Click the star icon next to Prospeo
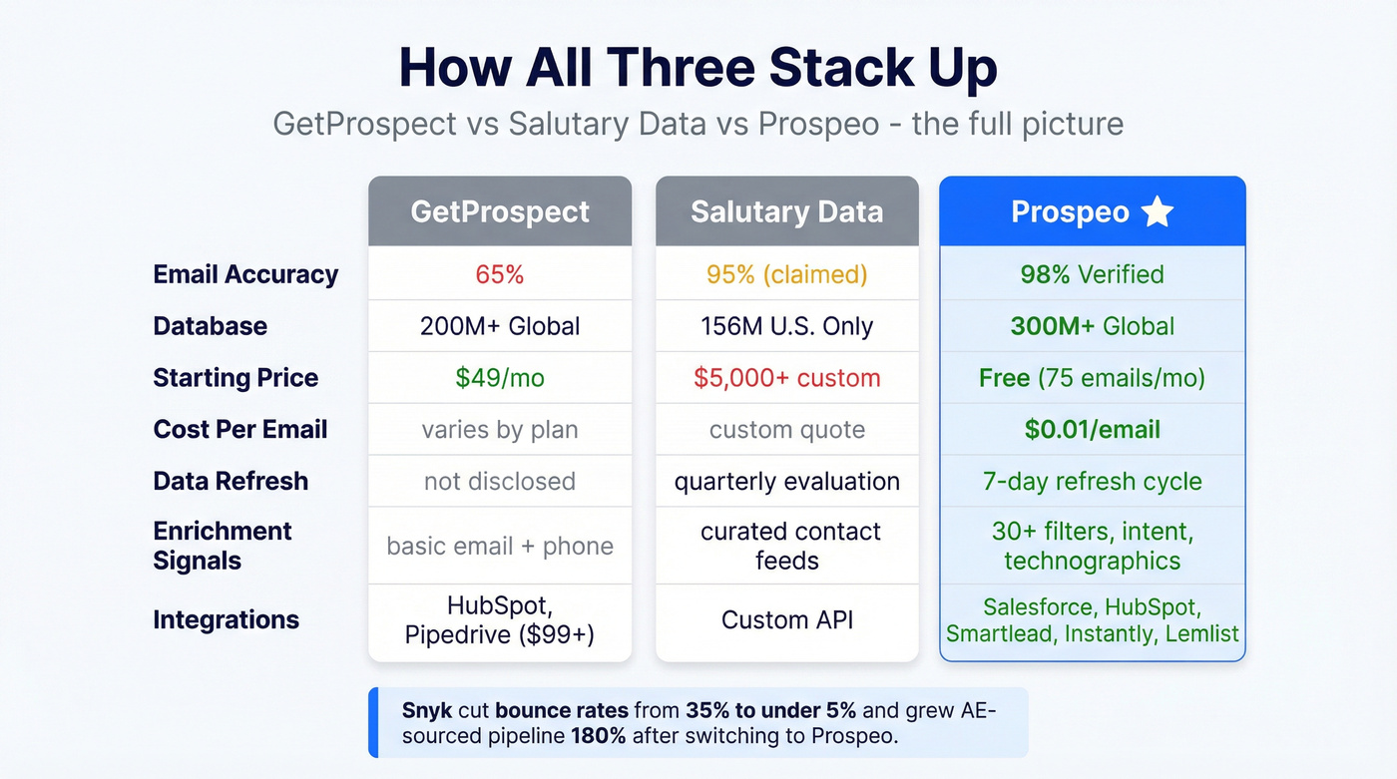tap(1158, 211)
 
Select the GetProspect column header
tap(500, 212)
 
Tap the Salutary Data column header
tap(786, 212)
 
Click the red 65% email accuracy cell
tap(500, 274)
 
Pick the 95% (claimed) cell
tap(786, 274)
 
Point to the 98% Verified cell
tap(1092, 274)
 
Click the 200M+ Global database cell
tap(500, 326)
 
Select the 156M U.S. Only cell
tap(786, 326)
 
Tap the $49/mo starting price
tap(500, 378)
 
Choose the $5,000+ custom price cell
tap(786, 378)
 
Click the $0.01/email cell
tap(1092, 430)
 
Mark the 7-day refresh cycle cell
tap(1092, 482)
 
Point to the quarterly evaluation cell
tap(786, 482)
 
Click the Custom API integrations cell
tap(786, 620)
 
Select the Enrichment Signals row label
tap(222, 546)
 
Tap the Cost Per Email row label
tap(239, 430)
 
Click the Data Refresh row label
tap(231, 482)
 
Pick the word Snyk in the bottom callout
tap(426, 711)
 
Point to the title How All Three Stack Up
tap(698, 68)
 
